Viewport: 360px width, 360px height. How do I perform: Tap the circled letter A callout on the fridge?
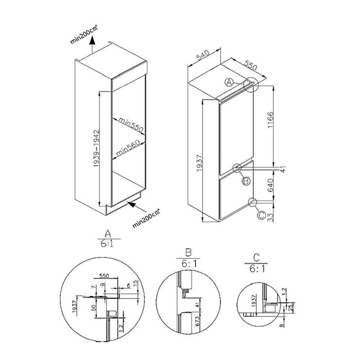(x=229, y=82)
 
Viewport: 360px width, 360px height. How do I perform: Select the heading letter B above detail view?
(x=187, y=251)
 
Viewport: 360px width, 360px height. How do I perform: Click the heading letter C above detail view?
(x=256, y=257)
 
